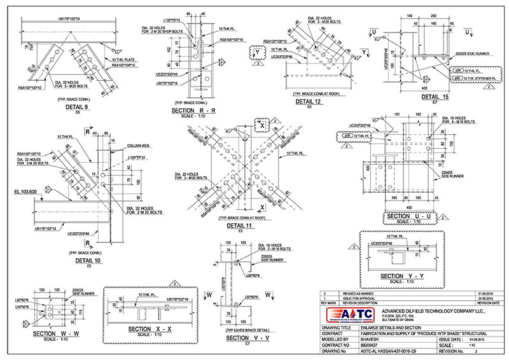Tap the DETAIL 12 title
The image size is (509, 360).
(x=309, y=101)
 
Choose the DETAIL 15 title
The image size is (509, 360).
(x=434, y=96)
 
